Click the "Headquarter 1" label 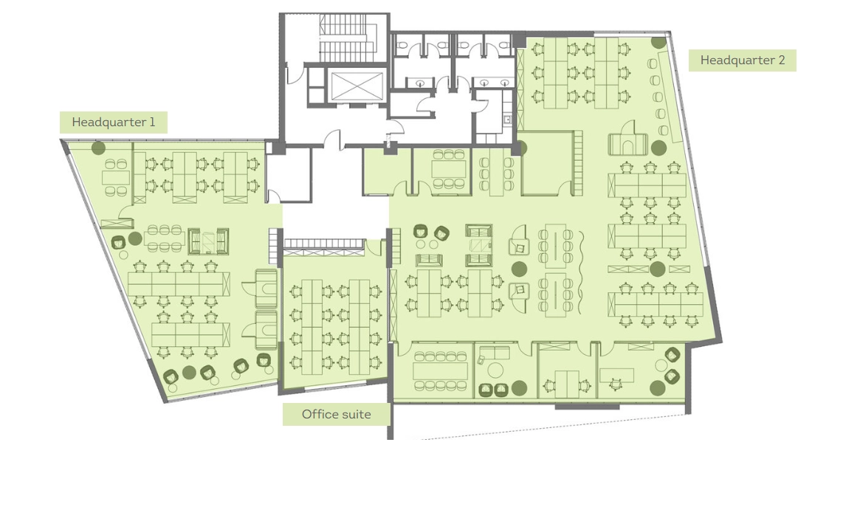114,123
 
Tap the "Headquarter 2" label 742,61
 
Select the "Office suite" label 336,414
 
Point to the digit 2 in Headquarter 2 781,61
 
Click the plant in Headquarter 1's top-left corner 98,148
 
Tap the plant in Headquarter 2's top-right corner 658,41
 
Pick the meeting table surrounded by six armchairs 449,169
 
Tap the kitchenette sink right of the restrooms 508,119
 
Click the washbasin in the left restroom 420,83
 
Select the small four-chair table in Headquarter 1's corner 116,178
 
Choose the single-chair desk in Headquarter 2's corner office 616,376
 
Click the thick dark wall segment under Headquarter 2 587,407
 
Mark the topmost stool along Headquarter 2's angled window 652,64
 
